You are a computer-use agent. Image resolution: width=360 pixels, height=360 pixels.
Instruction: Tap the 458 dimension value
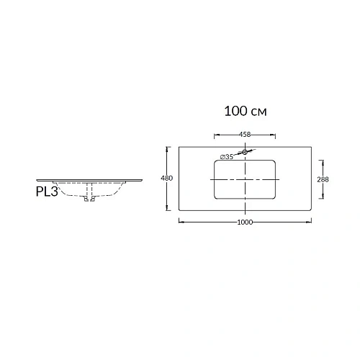click(x=244, y=134)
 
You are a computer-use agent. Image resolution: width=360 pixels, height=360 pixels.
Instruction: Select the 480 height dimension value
click(x=167, y=179)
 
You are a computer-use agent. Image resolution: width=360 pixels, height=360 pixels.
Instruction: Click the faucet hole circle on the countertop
click(x=245, y=152)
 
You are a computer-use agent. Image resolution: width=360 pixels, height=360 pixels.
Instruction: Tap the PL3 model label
click(x=47, y=192)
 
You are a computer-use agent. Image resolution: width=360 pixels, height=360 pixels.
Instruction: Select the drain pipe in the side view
click(x=89, y=193)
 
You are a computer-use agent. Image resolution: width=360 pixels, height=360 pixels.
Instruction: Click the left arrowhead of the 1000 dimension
click(x=180, y=222)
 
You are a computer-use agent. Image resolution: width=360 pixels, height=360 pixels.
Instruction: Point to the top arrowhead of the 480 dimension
click(x=167, y=148)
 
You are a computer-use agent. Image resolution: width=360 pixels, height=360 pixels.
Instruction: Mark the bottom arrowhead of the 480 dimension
click(x=167, y=210)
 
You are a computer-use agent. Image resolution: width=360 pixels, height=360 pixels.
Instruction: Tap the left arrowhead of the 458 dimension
click(x=215, y=134)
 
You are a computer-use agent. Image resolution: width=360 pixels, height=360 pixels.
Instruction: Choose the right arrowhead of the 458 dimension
click(x=274, y=134)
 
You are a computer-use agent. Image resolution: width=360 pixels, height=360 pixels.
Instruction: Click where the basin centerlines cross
click(x=245, y=179)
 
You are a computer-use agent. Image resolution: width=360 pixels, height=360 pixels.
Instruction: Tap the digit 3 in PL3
click(x=55, y=192)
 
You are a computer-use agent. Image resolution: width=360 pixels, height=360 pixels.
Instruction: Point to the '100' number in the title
click(x=236, y=112)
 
